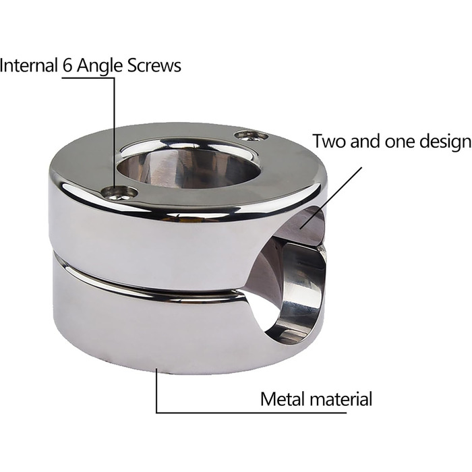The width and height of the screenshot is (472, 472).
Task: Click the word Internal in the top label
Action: pos(29,65)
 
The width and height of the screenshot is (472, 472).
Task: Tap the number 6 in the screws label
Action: pos(67,65)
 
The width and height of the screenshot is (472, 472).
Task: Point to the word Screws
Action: pos(154,65)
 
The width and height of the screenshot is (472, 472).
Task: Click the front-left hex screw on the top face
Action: pos(119,193)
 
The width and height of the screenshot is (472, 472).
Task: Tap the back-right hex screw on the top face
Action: pos(251,135)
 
